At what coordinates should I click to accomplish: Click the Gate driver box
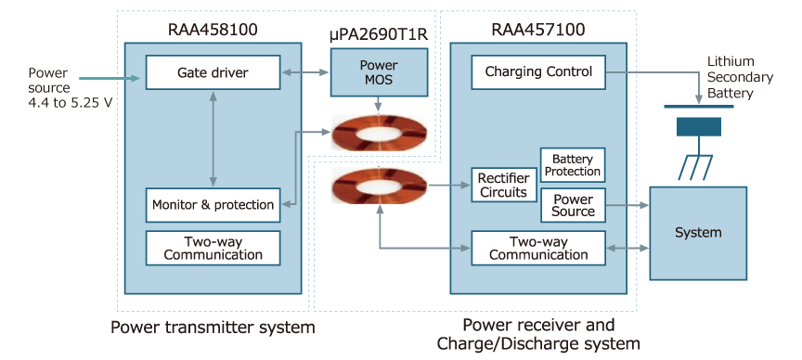pos(213,71)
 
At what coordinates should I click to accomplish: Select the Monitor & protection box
pos(213,204)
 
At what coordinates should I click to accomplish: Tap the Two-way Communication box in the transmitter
pos(213,247)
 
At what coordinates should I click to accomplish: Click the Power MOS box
pos(380,72)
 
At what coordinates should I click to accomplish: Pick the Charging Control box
pos(538,71)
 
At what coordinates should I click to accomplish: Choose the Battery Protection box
pos(572,165)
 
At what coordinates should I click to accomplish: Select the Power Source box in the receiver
pos(572,205)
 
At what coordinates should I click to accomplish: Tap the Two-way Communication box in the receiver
pos(538,248)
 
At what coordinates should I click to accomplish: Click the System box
pos(698,232)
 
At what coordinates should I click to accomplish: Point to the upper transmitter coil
pos(380,134)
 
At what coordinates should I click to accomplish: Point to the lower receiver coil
pos(380,188)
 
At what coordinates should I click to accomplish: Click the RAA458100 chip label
pos(213,30)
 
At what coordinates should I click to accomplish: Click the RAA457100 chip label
pos(538,30)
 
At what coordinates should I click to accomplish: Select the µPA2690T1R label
pos(379,35)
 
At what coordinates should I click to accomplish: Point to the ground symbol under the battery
pos(696,164)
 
